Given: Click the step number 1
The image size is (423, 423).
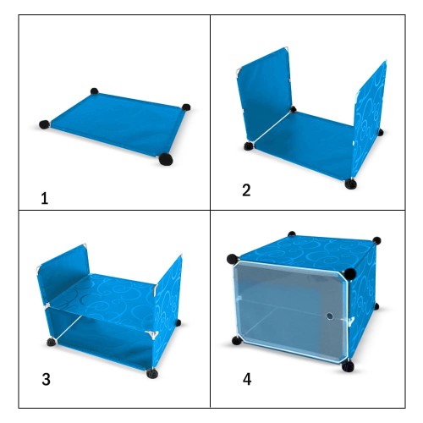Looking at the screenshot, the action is click(x=45, y=199).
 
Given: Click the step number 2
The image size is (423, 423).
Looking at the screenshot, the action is click(x=246, y=190).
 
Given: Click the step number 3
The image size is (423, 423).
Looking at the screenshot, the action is click(x=46, y=379).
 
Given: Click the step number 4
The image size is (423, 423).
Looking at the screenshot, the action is click(x=247, y=379).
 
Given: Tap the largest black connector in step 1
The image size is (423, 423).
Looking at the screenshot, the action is click(x=166, y=159).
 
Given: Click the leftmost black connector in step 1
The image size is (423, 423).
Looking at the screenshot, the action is click(x=44, y=124).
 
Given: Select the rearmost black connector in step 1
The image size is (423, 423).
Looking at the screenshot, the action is click(x=95, y=91).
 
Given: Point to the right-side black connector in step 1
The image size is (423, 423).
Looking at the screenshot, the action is click(x=186, y=107).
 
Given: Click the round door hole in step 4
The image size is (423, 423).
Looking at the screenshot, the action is click(x=329, y=316).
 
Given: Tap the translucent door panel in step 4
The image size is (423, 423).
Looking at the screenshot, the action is click(x=290, y=311).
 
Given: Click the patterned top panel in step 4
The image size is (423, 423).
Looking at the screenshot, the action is click(x=307, y=251).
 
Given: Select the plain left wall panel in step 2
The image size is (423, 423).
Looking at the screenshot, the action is click(x=264, y=95).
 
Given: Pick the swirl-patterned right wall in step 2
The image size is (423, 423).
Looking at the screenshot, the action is click(x=370, y=118).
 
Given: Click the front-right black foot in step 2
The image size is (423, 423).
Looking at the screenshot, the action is click(x=350, y=184).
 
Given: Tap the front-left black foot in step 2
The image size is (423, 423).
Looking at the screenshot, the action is click(x=249, y=146).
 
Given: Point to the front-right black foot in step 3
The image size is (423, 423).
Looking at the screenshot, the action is click(x=152, y=373).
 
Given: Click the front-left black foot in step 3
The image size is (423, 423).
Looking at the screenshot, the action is click(x=52, y=343).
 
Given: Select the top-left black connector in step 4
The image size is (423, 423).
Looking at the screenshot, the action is click(x=233, y=259).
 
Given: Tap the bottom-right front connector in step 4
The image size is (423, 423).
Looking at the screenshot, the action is click(x=348, y=365).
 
